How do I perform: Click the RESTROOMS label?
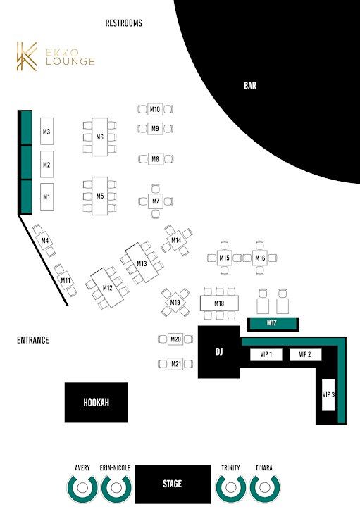point(124,23)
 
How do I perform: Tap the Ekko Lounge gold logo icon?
point(27,56)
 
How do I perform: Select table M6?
point(100,137)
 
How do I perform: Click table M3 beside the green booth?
point(46,131)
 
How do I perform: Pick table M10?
point(155,109)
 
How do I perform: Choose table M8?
point(155,159)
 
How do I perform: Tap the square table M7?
point(156,201)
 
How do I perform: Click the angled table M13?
point(142,263)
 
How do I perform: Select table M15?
point(224,258)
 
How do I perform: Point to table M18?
point(219,303)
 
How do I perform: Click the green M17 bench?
point(273,324)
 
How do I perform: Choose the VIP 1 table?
point(266,354)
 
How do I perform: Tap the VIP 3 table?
point(328,394)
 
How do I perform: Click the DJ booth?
point(218,352)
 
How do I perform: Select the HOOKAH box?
point(96,403)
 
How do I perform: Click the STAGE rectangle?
point(173,484)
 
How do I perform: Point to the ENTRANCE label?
point(33,340)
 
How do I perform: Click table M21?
point(176,364)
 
